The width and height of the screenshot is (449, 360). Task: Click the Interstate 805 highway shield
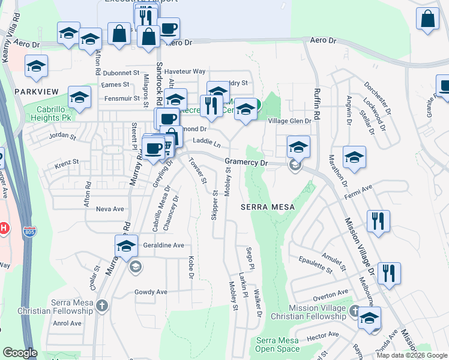click(28, 230)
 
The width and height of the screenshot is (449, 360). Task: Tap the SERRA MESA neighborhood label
click(268, 207)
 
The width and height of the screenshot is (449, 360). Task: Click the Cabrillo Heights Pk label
click(46, 114)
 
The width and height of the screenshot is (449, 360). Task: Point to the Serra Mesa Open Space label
click(277, 344)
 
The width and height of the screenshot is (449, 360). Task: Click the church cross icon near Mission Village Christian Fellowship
click(354, 311)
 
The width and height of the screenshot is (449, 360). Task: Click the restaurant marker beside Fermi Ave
click(378, 221)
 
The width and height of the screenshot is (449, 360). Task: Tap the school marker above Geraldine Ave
click(125, 245)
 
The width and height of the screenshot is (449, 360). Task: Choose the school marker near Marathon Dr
click(355, 157)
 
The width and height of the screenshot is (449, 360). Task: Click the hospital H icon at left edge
click(3, 229)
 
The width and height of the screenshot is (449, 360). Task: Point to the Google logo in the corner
click(20, 353)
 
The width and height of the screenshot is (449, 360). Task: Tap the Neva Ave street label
click(110, 209)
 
